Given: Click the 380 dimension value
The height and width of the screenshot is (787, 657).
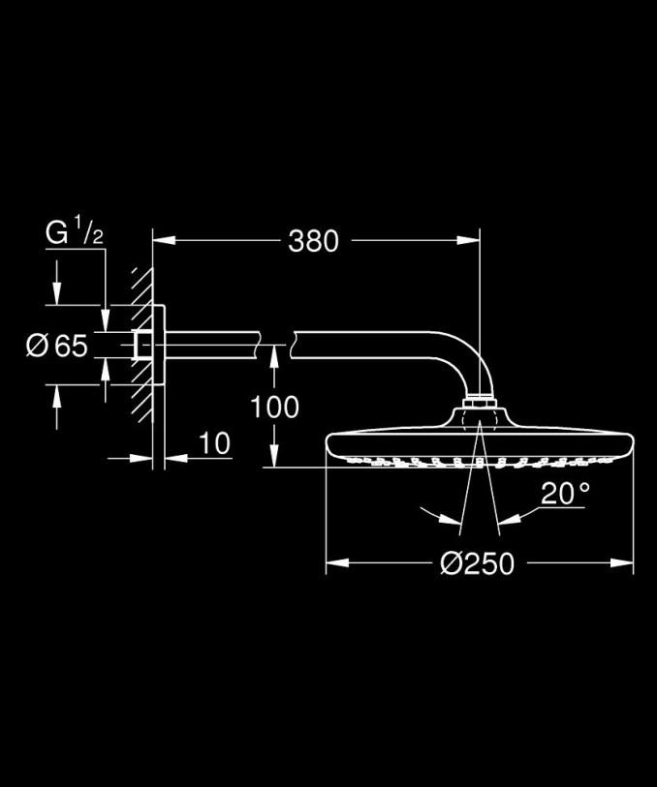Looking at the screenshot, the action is tap(313, 241).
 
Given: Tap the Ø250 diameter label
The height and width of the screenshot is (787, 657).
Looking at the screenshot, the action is tap(477, 563).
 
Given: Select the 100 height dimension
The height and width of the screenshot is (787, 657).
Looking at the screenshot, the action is tap(274, 407).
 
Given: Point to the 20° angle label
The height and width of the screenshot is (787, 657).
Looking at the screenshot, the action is tap(565, 493).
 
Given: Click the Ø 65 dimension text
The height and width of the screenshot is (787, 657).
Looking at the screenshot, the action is tap(57, 346).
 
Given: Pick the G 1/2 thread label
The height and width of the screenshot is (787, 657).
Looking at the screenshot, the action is tap(75, 231).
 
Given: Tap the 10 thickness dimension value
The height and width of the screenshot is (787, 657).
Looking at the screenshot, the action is tap(215, 443).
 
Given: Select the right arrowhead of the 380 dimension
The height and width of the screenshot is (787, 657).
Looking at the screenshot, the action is tap(468, 240).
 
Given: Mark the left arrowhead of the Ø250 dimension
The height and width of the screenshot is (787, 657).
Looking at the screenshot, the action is tap(337, 562).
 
